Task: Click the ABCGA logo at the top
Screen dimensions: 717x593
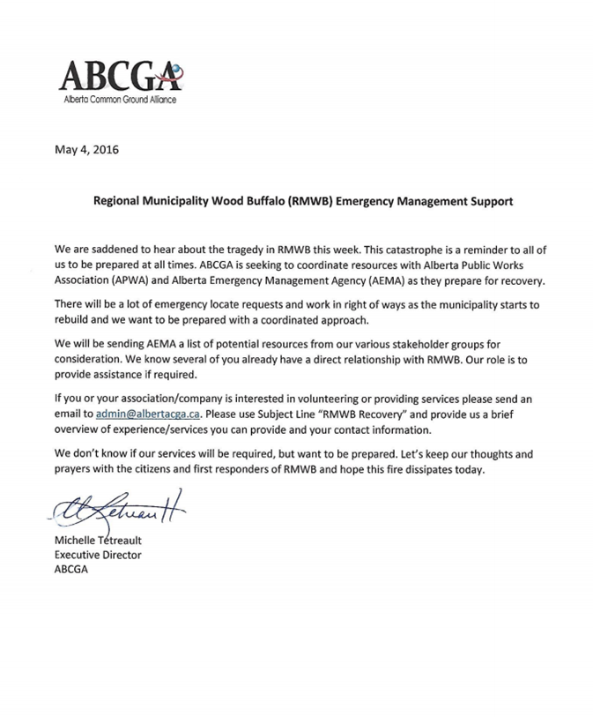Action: click(122, 78)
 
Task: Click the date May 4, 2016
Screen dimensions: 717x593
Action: click(86, 149)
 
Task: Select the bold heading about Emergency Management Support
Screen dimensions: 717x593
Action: click(303, 201)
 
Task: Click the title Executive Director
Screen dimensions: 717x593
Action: click(98, 555)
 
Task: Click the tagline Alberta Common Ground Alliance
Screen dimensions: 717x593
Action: click(121, 100)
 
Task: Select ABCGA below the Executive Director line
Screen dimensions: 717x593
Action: click(71, 570)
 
